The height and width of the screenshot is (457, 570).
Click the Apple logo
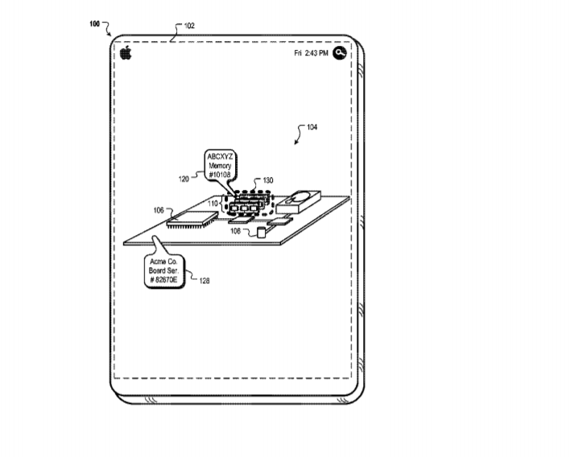pos(126,52)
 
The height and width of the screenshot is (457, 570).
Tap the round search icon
pos(340,53)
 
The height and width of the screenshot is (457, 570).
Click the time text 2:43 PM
pos(316,53)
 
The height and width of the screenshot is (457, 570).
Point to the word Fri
pos(298,53)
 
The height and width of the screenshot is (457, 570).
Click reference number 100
pos(94,24)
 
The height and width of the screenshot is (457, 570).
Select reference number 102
pos(189,26)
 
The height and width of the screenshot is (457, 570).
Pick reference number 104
pos(312,127)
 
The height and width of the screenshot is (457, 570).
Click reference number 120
pos(184,179)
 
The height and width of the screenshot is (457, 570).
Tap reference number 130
pos(268,180)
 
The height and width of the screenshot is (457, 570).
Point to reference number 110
pos(213,204)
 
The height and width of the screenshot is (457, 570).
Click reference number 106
pos(159,210)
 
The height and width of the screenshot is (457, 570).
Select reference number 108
pos(235,231)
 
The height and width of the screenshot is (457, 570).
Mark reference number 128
pos(204,281)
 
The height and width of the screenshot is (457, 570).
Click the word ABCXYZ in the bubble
pos(220,157)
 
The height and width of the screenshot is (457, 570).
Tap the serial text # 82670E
pos(163,280)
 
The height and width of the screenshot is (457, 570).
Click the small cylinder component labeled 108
pos(261,233)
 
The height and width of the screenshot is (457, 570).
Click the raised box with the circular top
pos(299,202)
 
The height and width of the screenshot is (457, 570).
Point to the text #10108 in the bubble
pos(220,175)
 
